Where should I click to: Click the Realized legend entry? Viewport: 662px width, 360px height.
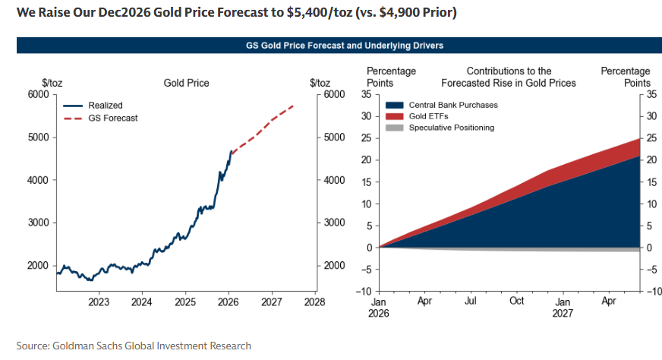coord(105,106)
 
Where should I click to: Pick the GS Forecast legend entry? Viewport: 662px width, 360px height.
coord(113,118)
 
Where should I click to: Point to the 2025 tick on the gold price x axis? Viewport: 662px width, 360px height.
coord(185,302)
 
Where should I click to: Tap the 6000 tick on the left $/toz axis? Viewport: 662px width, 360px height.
coord(38,95)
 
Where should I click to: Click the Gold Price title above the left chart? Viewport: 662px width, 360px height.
coord(186,83)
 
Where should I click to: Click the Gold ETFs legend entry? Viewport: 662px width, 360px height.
coord(429,116)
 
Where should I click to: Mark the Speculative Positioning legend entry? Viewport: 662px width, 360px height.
coord(451,128)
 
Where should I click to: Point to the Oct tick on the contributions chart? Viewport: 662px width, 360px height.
coord(516,301)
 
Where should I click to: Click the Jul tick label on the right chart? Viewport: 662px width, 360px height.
coord(470,301)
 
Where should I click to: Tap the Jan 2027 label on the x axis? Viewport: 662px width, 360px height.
coord(563,307)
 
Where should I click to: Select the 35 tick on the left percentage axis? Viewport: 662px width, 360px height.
coord(366,95)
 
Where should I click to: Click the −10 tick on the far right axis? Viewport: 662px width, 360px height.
coord(652,292)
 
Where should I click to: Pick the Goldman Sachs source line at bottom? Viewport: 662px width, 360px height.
coord(134,346)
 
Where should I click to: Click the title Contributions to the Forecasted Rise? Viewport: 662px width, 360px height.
coord(509,77)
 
